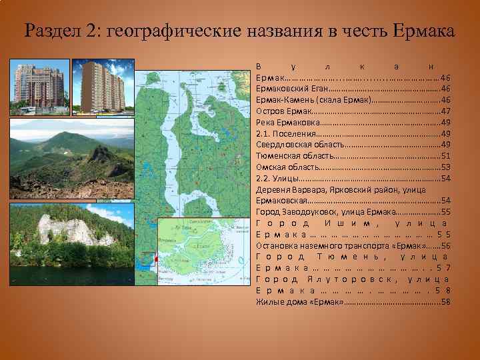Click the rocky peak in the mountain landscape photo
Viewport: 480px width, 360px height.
pos(100,153)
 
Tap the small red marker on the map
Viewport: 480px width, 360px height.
pos(155,259)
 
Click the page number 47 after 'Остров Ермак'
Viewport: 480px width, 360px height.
pos(446,111)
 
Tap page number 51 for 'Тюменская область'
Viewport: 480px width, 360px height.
pos(446,156)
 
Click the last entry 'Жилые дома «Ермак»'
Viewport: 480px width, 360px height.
pos(299,302)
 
